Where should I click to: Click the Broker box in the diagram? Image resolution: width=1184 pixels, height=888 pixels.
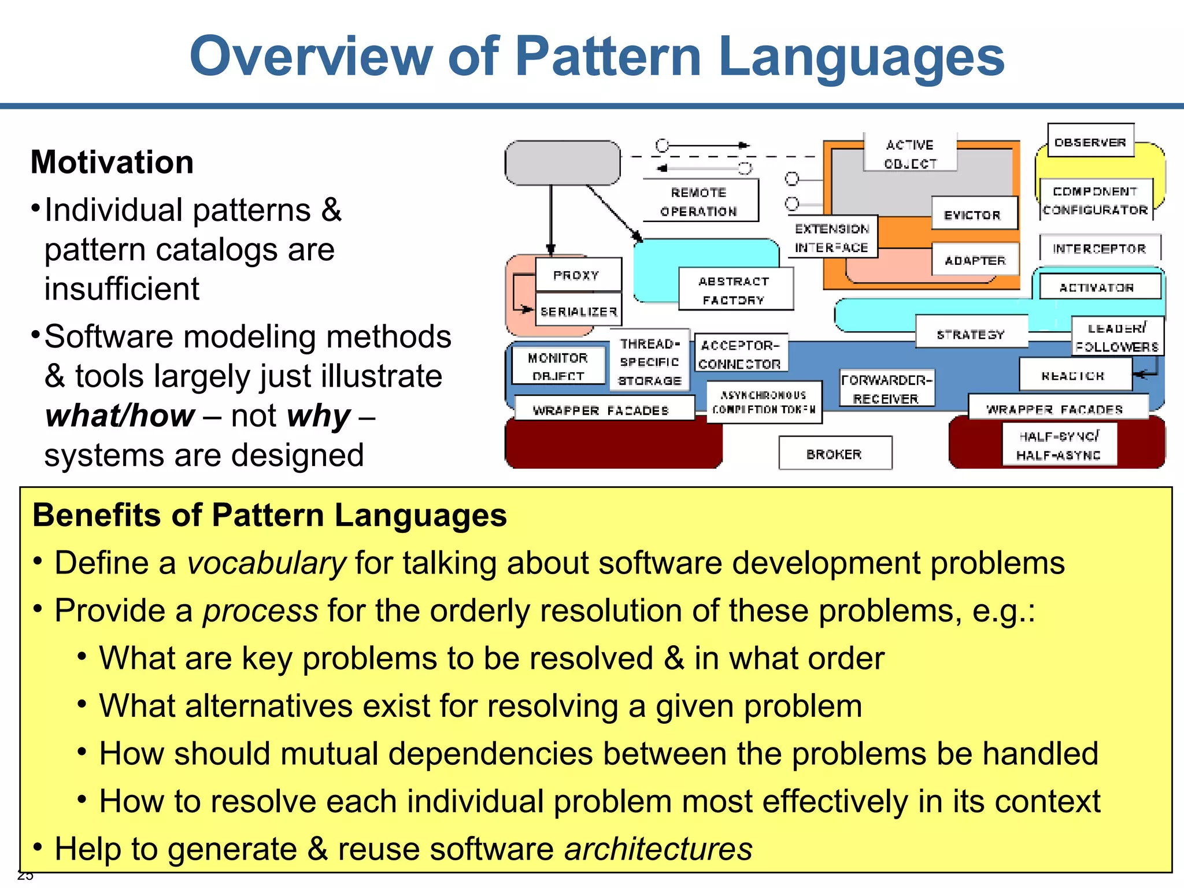coord(835,453)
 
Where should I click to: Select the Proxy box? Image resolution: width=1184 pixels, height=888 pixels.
coord(578,275)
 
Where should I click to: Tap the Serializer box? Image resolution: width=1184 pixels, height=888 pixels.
coord(578,311)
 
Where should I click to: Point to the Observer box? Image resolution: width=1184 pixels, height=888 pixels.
coord(1090,141)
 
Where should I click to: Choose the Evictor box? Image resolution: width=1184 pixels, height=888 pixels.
coord(974,214)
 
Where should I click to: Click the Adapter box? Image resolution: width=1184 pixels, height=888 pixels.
coord(975,260)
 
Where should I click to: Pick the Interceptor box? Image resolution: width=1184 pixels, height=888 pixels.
coord(1099,248)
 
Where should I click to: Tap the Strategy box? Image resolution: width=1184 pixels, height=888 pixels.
coord(971,333)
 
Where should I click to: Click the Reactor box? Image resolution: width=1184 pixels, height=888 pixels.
coord(1074,375)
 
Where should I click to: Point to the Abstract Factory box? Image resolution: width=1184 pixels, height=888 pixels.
coord(735,290)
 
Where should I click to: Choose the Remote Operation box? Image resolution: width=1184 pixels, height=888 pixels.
coord(700,201)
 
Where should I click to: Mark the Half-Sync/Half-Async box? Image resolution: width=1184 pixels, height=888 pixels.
coord(1059,445)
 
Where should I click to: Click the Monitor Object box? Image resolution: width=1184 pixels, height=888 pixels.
coord(558,366)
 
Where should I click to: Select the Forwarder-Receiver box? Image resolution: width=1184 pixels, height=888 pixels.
coord(886,388)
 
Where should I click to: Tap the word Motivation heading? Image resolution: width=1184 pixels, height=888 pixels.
coord(112,162)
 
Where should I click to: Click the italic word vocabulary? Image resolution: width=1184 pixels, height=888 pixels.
coord(267,563)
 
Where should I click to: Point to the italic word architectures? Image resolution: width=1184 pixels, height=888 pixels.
coord(658,849)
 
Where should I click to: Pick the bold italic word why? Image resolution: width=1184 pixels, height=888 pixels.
coord(319,416)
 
